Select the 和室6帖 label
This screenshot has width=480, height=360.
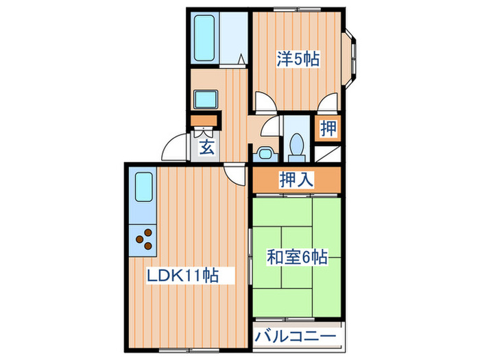pos(296,258)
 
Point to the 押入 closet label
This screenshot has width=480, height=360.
pos(296,180)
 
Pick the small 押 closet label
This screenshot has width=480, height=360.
pos(328,128)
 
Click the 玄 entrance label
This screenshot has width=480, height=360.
pos(205,146)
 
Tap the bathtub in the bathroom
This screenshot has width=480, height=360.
pos(205,38)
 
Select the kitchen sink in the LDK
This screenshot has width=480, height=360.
pos(143,187)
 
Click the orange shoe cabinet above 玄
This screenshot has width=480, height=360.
pos(204,123)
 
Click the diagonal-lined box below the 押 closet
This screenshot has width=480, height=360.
pos(329,153)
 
